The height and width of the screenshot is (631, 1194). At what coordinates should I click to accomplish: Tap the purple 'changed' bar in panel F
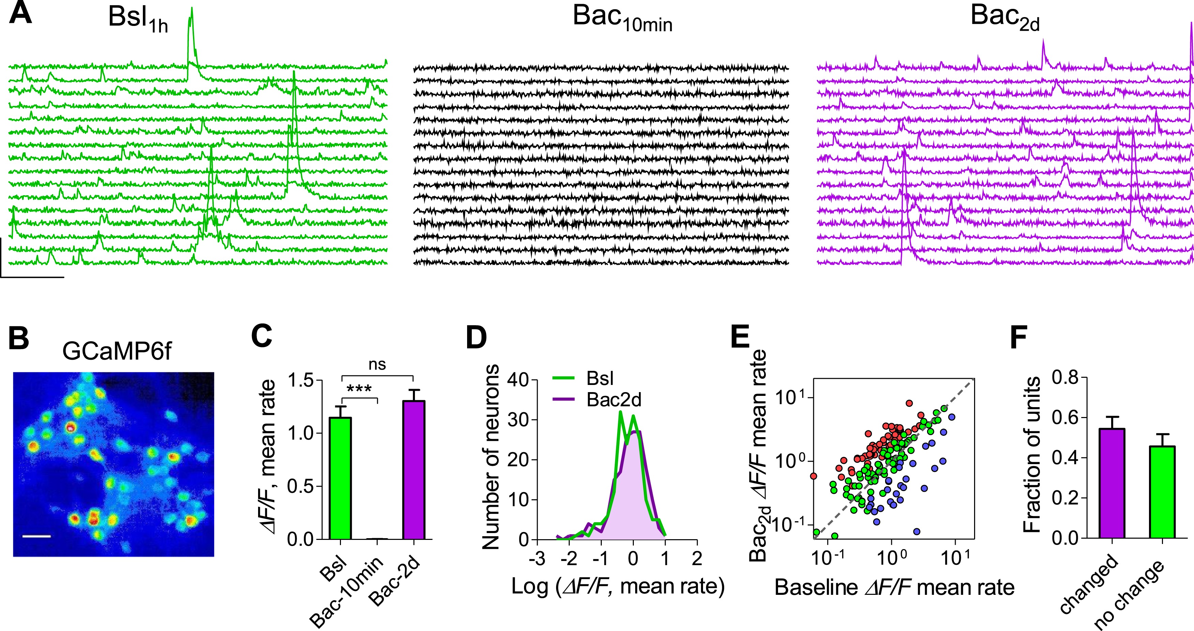click(1111, 483)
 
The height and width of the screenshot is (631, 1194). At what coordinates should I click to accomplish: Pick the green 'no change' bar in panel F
click(1162, 492)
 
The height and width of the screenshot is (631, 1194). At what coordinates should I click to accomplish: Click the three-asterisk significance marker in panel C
click(359, 389)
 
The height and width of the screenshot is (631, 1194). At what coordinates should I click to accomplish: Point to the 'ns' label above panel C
click(377, 365)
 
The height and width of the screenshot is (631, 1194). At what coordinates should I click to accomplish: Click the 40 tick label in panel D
click(518, 381)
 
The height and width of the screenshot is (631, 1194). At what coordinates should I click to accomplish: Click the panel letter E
click(740, 337)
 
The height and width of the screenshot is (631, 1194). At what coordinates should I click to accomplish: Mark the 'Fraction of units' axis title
click(1032, 455)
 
